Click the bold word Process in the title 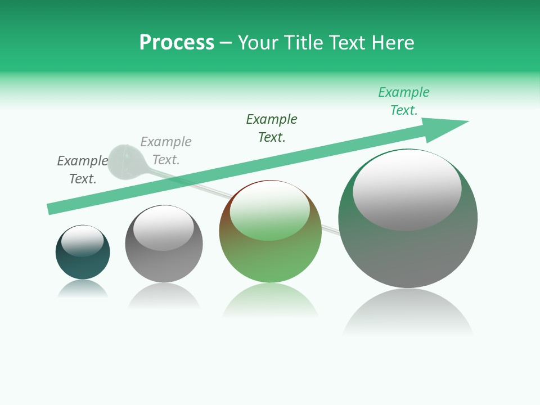(177, 43)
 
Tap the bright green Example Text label (404, 101)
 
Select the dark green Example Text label (272, 128)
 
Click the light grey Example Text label (166, 151)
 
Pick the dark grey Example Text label (83, 170)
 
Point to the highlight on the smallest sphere (83, 241)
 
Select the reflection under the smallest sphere (83, 289)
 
